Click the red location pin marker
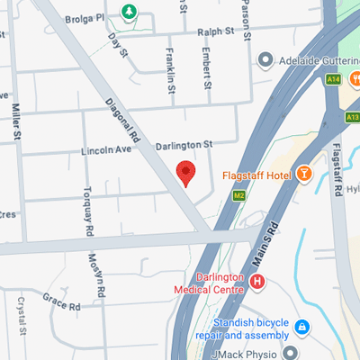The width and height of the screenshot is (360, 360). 185,171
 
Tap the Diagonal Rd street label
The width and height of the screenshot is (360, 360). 124,122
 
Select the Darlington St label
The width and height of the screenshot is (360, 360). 183,144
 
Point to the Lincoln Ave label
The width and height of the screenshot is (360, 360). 105,151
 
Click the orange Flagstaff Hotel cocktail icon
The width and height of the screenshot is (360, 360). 305,174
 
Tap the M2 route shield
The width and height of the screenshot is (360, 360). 239,194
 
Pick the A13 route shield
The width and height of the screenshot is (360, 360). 352,117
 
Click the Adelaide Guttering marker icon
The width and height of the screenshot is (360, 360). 265,60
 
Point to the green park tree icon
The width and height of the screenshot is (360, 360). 130,11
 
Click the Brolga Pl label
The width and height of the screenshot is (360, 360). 92,15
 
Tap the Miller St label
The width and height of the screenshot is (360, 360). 16,122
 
